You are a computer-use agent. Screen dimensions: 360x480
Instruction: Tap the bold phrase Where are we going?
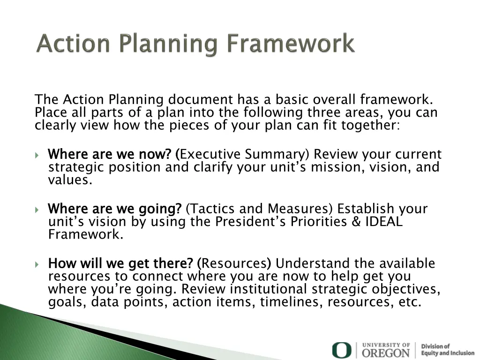click(x=115, y=209)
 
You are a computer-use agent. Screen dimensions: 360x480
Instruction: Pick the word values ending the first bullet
click(x=69, y=180)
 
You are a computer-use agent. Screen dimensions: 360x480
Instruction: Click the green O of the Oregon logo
click(x=341, y=350)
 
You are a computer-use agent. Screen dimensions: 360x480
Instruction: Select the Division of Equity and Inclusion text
click(x=447, y=350)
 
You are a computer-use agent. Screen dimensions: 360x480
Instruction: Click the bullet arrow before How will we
click(x=37, y=264)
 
